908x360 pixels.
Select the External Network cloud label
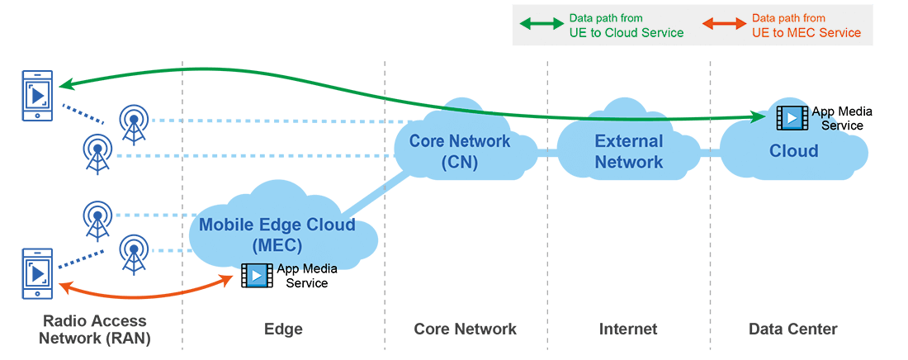point(629,151)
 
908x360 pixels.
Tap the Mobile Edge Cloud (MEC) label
point(277,234)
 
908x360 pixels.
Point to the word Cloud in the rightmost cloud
point(793,151)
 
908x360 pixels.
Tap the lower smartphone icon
point(38,273)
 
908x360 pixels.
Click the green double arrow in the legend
point(541,25)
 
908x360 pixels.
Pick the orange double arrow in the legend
point(723,25)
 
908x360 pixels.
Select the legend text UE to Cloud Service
point(627,33)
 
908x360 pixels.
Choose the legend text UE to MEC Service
point(806,33)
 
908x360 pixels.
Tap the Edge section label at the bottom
point(283,329)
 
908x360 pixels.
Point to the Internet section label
point(628,329)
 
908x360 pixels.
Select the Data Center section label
point(792,329)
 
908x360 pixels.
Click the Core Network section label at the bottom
point(465,329)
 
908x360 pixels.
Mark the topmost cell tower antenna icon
point(132,123)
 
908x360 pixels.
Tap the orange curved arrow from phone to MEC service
point(140,295)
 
